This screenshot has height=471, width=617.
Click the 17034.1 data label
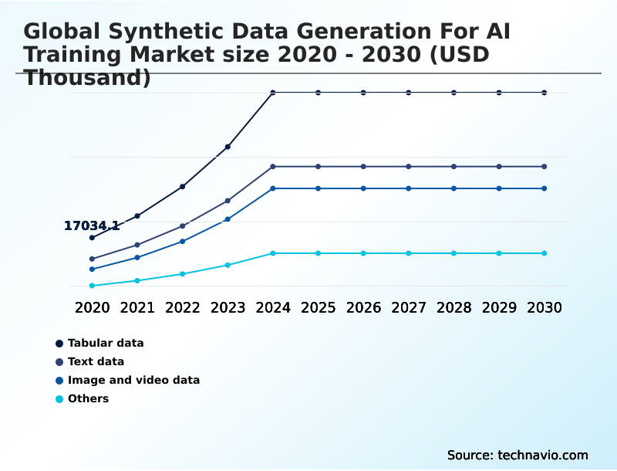click(92, 226)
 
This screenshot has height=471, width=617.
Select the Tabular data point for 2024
click(273, 93)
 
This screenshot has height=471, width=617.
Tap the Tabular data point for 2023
click(228, 147)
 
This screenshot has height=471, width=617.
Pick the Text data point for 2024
click(273, 167)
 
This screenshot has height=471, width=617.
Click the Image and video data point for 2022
click(183, 242)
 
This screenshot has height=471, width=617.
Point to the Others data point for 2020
click(92, 286)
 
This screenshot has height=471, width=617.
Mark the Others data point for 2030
click(545, 253)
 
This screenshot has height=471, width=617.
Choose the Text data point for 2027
click(409, 167)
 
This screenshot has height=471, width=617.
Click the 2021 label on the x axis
click(137, 307)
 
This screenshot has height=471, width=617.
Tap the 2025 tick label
click(319, 307)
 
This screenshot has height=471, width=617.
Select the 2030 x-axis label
click(545, 307)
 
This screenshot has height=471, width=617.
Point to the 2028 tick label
click(454, 307)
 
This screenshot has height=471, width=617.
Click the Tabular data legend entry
click(106, 343)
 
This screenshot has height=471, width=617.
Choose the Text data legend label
click(96, 361)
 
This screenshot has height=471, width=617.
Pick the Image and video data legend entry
click(133, 380)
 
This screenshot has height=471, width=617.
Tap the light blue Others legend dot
click(59, 399)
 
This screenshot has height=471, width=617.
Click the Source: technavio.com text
click(518, 455)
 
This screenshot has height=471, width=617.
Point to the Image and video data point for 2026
click(363, 188)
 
